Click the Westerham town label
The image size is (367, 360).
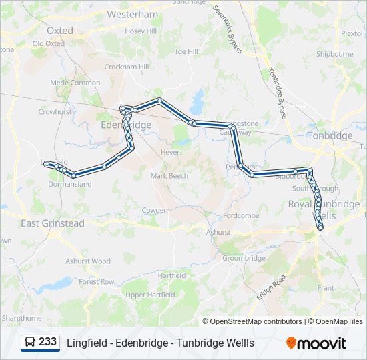tap(132, 14)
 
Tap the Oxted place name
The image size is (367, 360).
tap(60, 31)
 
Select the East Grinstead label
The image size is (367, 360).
tap(53, 223)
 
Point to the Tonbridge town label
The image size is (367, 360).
tap(330, 135)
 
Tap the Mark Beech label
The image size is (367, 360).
tap(169, 176)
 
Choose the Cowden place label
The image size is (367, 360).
tap(155, 210)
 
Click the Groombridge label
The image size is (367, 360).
tap(244, 258)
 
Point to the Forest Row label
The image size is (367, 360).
tap(97, 282)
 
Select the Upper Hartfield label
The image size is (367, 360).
tap(150, 295)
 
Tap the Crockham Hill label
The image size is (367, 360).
tap(126, 67)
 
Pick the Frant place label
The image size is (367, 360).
tap(326, 288)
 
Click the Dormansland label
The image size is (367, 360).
tap(69, 184)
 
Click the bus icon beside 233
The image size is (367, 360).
tap(30, 343)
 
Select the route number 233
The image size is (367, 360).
tap(47, 342)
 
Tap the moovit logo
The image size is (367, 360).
tap(316, 343)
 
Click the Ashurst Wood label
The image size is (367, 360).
tap(87, 261)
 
